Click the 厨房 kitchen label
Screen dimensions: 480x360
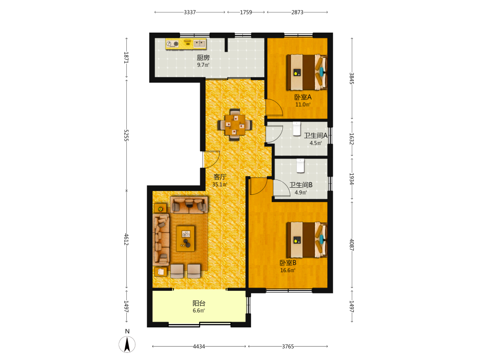[x=203, y=58]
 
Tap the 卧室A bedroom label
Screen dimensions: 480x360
[x=303, y=97]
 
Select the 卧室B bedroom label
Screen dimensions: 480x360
[x=288, y=263]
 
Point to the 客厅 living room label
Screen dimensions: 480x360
[x=220, y=177]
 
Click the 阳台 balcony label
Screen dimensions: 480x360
[x=199, y=303]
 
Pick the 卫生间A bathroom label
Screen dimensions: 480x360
[x=316, y=136]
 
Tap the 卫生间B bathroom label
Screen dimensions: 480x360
[x=301, y=185]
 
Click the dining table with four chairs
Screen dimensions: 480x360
[x=235, y=125]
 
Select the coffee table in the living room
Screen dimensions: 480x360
[x=185, y=239]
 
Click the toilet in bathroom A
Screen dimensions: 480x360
[x=297, y=129]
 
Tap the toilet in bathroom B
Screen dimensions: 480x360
[x=300, y=166]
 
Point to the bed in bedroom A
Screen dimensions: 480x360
[x=307, y=72]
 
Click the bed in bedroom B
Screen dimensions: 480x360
[x=307, y=240]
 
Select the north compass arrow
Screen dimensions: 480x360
[x=127, y=344]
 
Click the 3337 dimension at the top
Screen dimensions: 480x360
[x=190, y=12]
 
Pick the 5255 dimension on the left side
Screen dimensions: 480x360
[x=126, y=135]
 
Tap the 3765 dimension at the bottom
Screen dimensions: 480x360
[x=288, y=346]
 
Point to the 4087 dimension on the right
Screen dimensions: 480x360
[x=352, y=245]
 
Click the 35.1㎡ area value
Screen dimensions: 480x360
[x=220, y=185]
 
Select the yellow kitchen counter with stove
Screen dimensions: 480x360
[x=186, y=44]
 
